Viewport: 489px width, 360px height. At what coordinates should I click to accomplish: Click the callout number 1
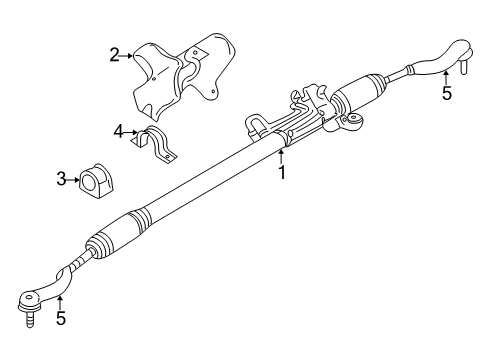point(282,172)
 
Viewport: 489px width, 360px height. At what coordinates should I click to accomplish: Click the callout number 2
point(114,57)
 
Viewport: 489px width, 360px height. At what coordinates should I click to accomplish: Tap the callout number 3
point(60,179)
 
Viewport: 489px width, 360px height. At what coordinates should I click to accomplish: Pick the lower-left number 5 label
point(61,321)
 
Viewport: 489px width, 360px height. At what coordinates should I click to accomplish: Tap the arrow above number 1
point(282,156)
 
